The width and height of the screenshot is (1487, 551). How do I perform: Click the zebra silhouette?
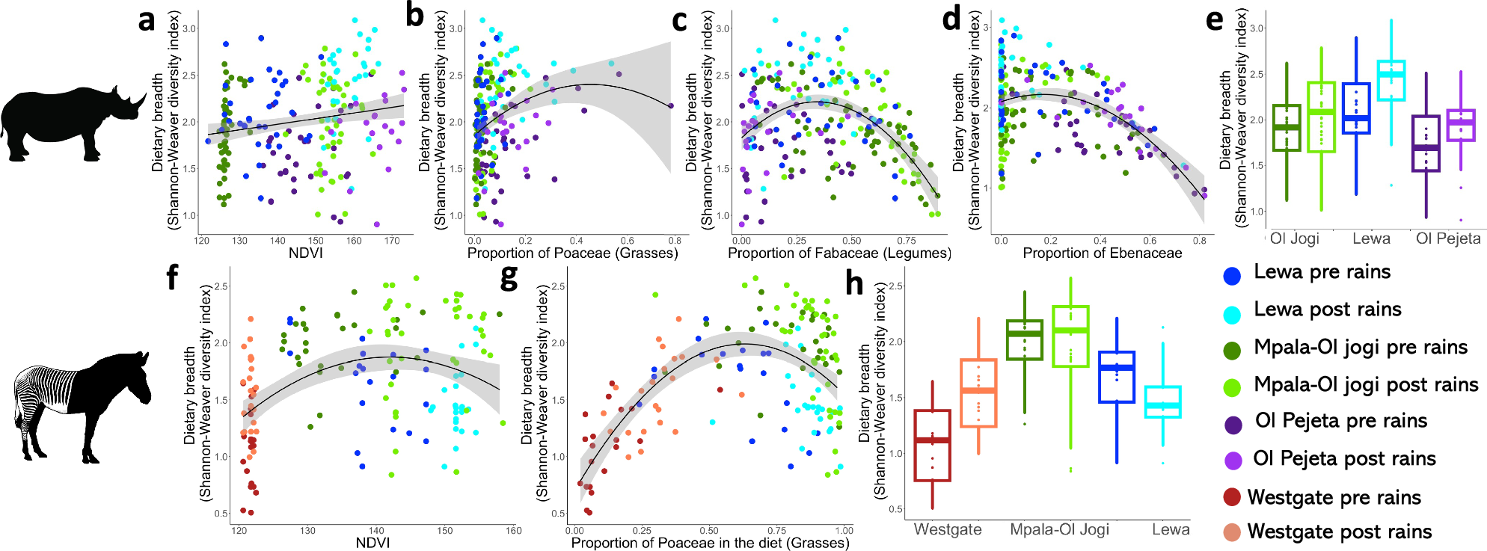tap(82, 404)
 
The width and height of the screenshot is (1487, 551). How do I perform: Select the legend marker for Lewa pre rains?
tap(1232, 275)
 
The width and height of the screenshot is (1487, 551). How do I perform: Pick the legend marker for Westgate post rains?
tap(1232, 532)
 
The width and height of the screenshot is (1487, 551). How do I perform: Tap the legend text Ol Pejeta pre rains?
tap(1341, 421)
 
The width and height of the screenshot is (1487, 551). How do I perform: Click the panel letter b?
tap(415, 16)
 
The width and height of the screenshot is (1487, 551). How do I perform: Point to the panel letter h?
tap(853, 284)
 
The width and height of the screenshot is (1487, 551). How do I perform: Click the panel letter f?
tap(172, 278)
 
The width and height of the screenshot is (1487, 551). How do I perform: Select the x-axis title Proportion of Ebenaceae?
tap(1102, 253)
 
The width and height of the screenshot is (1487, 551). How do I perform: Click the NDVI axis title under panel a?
tap(306, 253)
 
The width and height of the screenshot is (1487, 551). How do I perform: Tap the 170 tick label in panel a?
tap(392, 241)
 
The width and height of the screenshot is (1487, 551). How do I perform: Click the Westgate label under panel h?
tap(947, 529)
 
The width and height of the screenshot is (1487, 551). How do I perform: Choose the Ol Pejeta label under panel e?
tap(1447, 238)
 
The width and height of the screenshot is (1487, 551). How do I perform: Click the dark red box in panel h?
tap(932, 446)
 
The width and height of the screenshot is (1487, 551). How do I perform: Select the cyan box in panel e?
tap(1391, 80)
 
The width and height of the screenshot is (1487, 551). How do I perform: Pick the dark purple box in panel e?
tap(1426, 144)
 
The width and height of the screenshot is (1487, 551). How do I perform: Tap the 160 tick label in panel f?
tap(513, 531)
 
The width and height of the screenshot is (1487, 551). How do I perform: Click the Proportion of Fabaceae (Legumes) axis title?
tap(838, 253)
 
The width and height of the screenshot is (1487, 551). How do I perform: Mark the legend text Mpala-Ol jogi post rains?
tap(1366, 385)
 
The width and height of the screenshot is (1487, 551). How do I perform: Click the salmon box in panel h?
tap(978, 393)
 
